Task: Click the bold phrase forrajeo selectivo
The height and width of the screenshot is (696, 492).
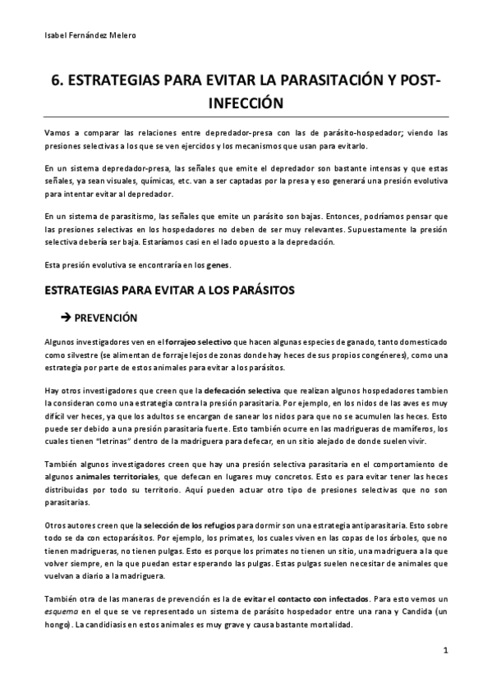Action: coord(199,341)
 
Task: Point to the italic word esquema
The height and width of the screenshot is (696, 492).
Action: coord(62,611)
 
